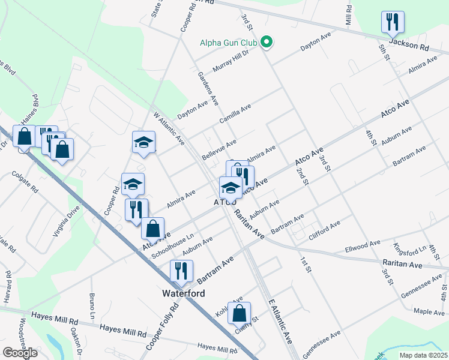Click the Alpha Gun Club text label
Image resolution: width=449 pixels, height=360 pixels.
tap(228, 43)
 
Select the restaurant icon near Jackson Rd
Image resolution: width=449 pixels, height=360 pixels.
tap(393, 22)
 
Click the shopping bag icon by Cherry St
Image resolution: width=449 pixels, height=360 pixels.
tap(239, 313)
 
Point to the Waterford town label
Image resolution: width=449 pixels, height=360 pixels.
tap(184, 294)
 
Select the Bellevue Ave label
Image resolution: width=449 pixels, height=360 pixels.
tap(219, 150)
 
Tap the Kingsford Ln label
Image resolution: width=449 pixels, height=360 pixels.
tap(409, 248)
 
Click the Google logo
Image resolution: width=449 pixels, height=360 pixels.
tap(20, 352)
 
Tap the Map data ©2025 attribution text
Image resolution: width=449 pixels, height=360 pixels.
tap(423, 355)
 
